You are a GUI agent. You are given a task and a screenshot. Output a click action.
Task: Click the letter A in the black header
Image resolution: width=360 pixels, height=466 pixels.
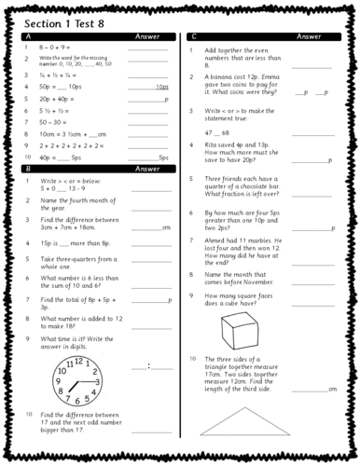click(29, 37)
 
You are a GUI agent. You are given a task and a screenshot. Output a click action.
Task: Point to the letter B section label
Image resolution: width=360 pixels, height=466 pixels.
click(29, 170)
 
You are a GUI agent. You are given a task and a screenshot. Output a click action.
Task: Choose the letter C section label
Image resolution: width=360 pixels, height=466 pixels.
click(193, 37)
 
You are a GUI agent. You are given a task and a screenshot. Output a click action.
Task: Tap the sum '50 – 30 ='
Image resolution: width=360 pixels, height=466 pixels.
click(55, 121)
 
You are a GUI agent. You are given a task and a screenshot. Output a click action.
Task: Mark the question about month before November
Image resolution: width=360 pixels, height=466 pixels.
click(242, 278)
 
